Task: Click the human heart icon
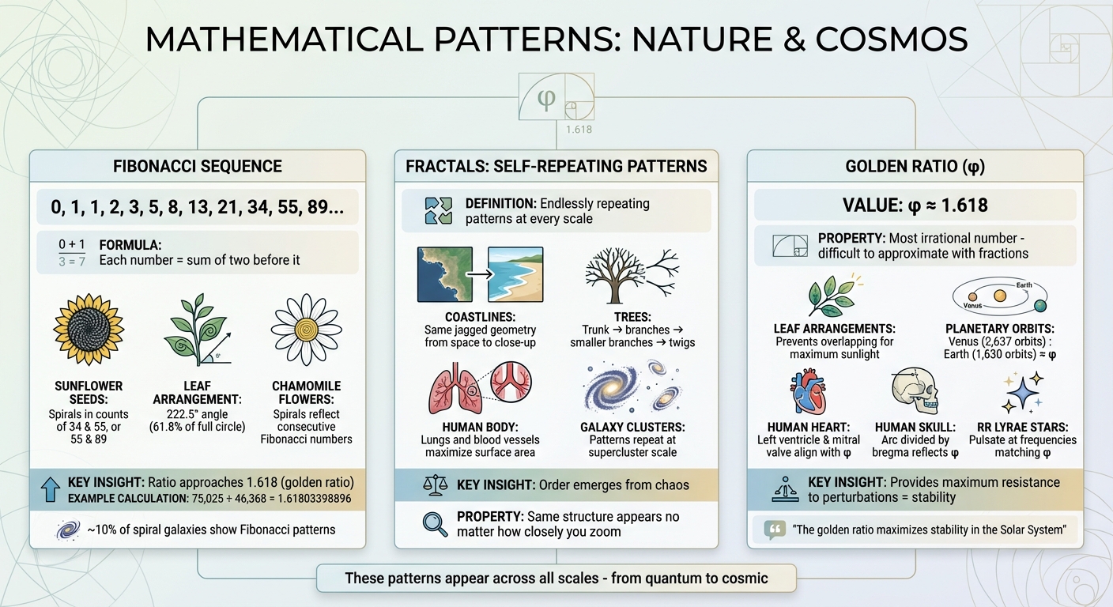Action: [x=808, y=394]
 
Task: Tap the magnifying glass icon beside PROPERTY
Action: [x=435, y=524]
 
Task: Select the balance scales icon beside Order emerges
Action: [x=435, y=484]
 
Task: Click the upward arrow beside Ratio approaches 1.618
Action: [x=49, y=490]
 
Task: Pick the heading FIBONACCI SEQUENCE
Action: [x=198, y=167]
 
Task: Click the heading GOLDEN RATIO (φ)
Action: [x=915, y=167]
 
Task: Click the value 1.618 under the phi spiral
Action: [x=578, y=129]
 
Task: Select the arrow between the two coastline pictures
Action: [x=480, y=274]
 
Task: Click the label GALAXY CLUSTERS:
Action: [x=632, y=427]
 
